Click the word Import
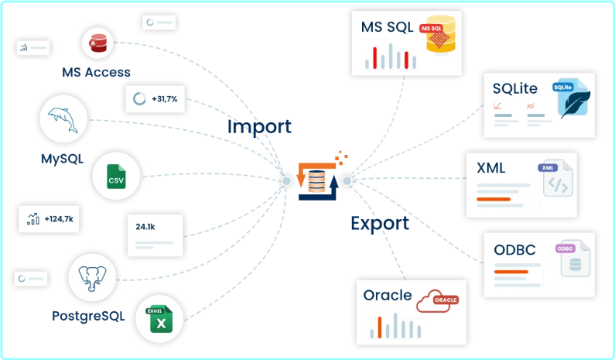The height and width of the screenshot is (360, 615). click(259, 126)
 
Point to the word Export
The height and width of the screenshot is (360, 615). click(379, 224)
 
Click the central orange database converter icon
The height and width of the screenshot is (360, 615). click(317, 180)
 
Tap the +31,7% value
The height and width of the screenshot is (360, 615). click(164, 99)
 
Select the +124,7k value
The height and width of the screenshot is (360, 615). click(59, 219)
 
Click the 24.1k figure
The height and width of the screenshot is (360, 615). click(145, 228)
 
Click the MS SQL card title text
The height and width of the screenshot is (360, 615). click(388, 28)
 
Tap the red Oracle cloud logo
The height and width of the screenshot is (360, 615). click(439, 300)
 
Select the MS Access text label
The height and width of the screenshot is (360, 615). click(97, 72)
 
